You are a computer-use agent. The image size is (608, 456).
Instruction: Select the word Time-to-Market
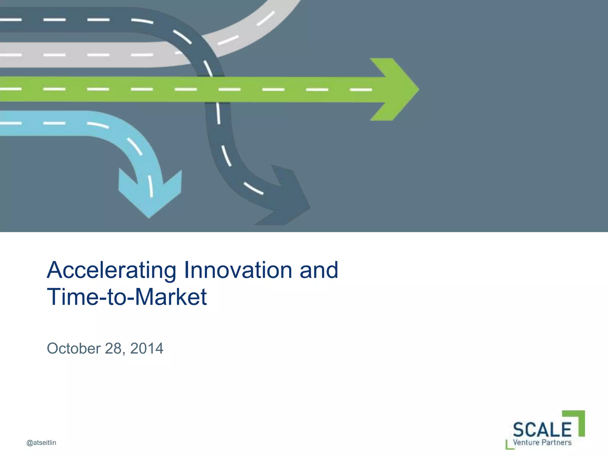[x=127, y=297]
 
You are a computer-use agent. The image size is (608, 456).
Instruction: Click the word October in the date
[x=74, y=349]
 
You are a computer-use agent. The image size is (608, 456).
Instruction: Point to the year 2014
[x=147, y=349]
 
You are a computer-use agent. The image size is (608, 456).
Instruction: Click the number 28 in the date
[x=113, y=349]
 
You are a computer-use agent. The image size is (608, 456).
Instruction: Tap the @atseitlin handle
[x=41, y=443]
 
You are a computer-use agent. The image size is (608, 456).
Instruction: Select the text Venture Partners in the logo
[x=542, y=443]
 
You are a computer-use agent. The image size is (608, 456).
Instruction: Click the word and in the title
[x=319, y=270]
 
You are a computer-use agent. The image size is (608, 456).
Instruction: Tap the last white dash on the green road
[x=361, y=89]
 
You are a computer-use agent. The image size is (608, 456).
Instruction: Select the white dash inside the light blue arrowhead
[x=151, y=186]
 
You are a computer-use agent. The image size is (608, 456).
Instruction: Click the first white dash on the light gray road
[x=10, y=55]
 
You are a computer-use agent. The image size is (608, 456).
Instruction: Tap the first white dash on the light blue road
[x=10, y=123]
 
